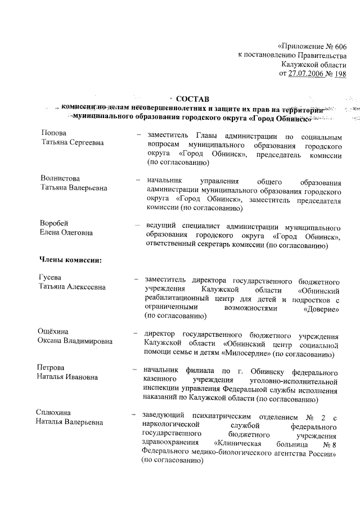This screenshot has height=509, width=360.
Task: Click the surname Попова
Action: click(x=54, y=133)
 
